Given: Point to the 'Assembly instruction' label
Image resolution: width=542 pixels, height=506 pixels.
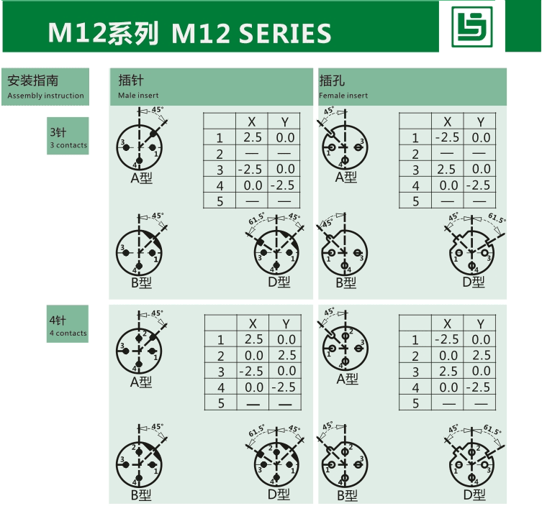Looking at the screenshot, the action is (45, 96).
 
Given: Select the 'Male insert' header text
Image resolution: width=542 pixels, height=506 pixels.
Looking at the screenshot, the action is (139, 95).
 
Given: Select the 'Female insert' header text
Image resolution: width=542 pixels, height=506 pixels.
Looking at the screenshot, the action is (343, 95).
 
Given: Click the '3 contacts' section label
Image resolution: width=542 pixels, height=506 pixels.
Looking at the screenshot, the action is (68, 145).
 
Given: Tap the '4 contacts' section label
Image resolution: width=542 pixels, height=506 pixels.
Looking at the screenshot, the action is (68, 333).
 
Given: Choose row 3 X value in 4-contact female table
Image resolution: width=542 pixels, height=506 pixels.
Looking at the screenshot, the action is (447, 371).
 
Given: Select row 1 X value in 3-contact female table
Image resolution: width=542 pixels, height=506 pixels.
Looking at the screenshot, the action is (447, 137).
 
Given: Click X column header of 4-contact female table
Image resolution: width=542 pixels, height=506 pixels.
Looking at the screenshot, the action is (448, 324).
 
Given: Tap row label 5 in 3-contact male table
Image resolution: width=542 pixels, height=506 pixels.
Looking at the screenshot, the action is (220, 201).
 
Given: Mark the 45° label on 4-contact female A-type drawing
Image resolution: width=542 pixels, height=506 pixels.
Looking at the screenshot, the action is (330, 312).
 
